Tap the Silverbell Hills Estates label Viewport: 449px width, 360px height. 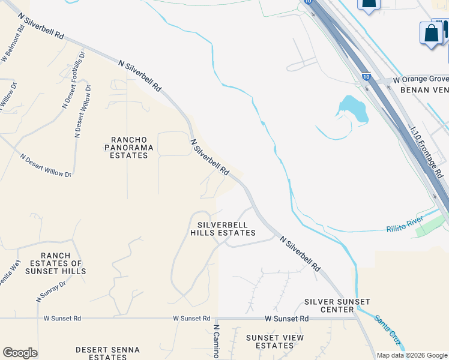pyautogui.click(x=223, y=229)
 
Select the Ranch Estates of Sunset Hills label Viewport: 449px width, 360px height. pyautogui.click(x=55, y=263)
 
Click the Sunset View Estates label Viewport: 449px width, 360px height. pyautogui.click(x=274, y=341)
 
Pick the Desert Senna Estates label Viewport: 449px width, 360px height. pyautogui.click(x=107, y=353)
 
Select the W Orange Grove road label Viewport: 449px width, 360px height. pyautogui.click(x=421, y=79)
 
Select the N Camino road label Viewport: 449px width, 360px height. pyautogui.click(x=216, y=341)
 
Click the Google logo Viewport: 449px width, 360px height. pyautogui.click(x=20, y=353)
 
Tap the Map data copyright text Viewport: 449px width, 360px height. pyautogui.click(x=412, y=355)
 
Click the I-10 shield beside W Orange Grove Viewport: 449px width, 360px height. pyautogui.click(x=366, y=77)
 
